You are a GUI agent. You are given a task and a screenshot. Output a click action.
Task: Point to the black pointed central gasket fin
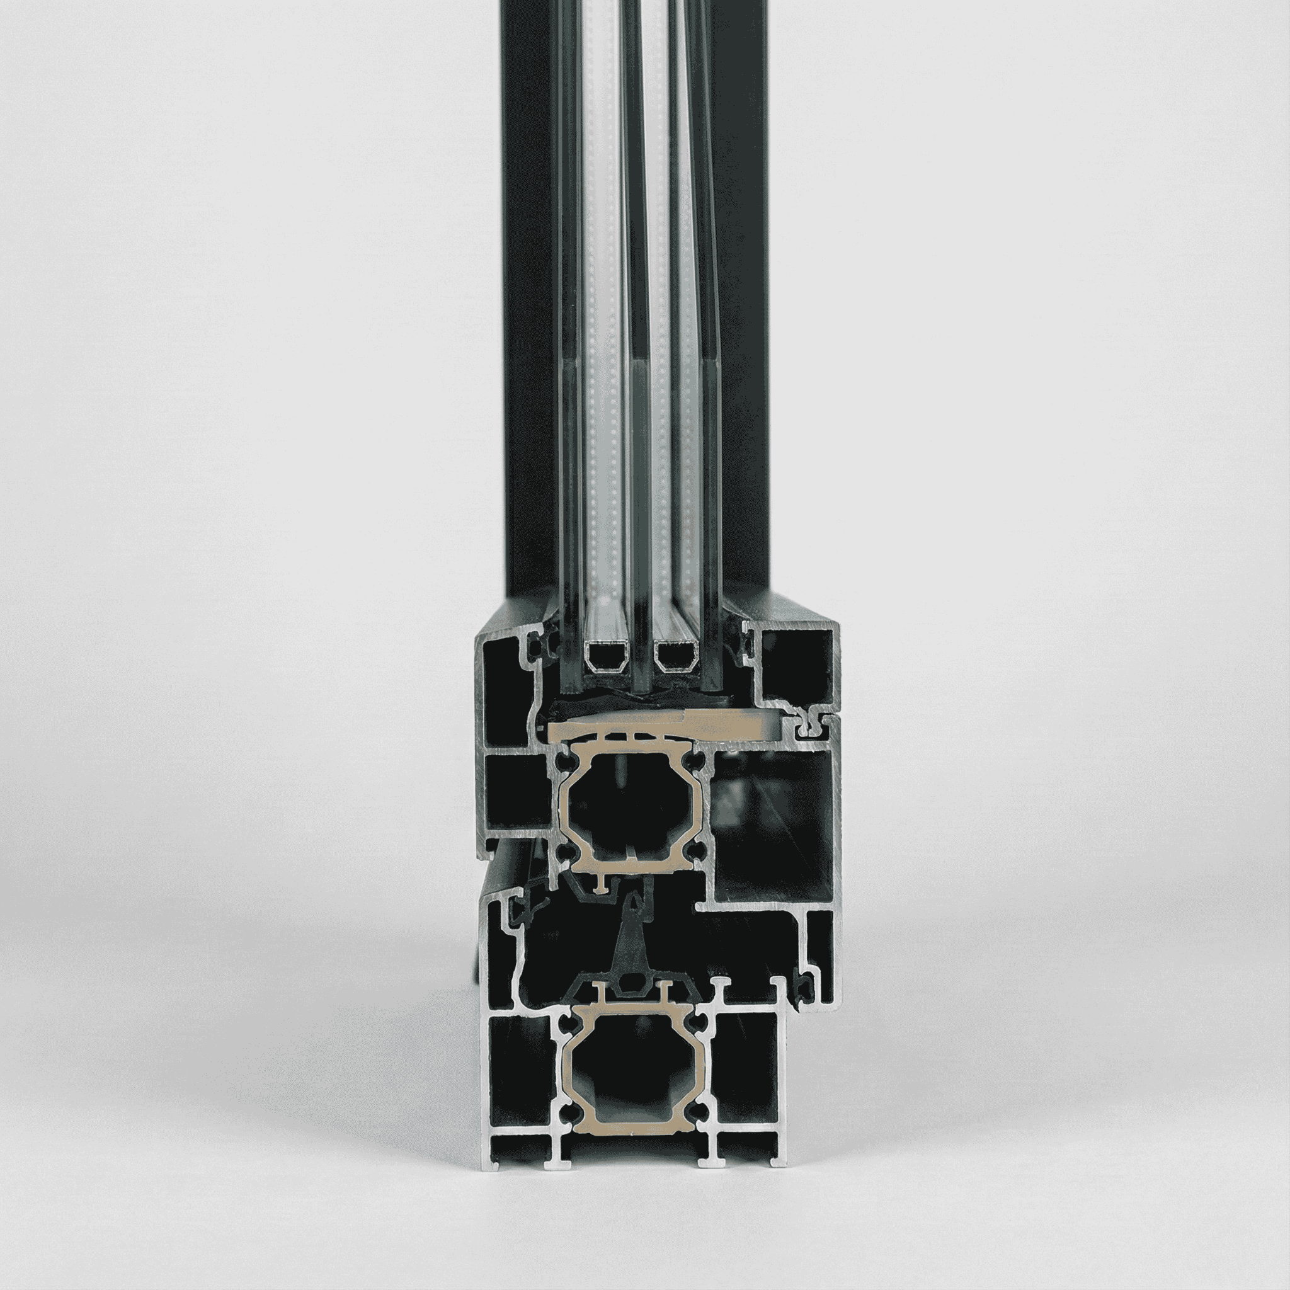631,935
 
